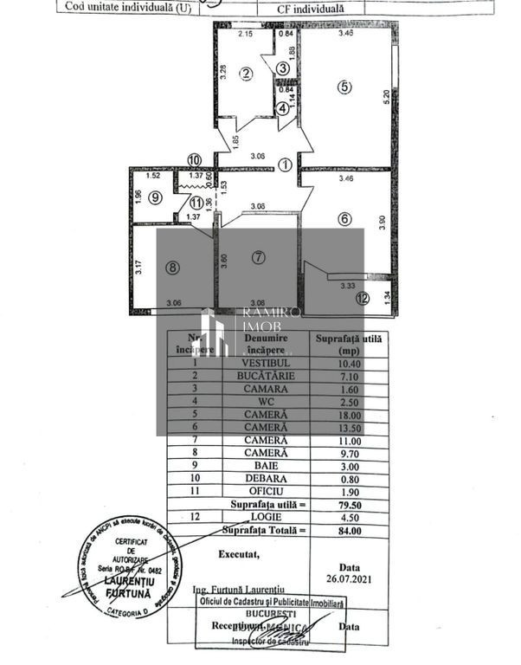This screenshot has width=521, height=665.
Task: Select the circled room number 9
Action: (154, 197)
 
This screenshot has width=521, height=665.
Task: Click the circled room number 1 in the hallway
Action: (286, 165)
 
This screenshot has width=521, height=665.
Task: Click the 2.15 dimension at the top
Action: (245, 34)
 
